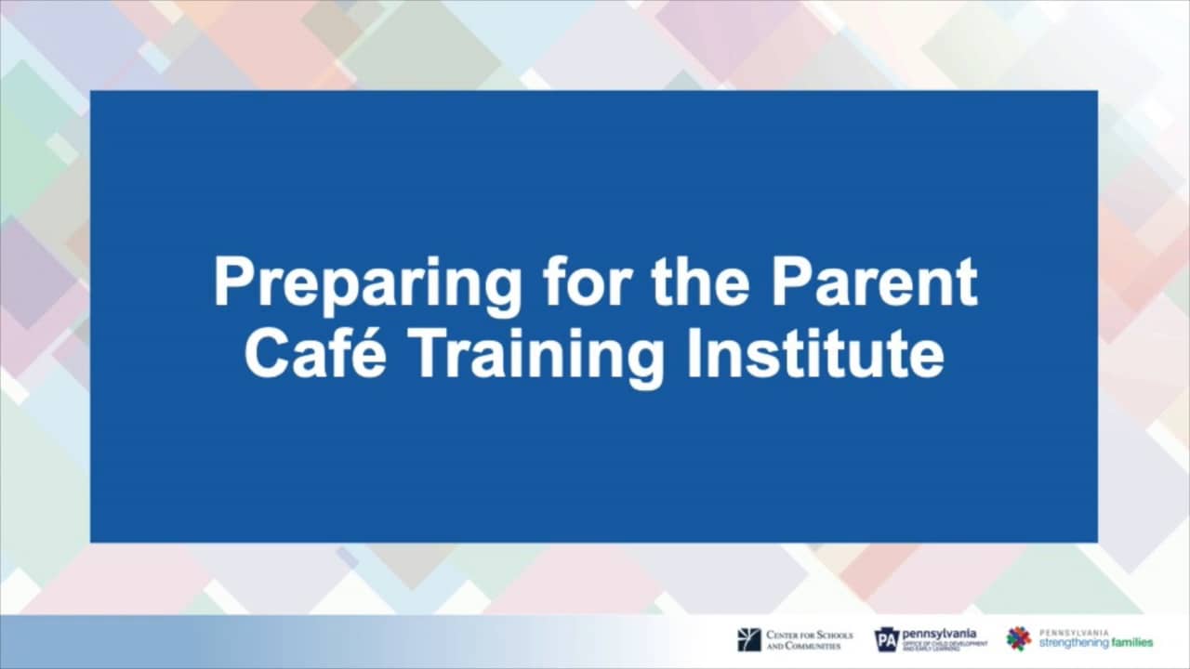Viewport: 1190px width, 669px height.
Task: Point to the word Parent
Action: [877, 282]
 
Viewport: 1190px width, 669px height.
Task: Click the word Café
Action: [319, 355]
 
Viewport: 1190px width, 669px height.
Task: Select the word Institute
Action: [815, 355]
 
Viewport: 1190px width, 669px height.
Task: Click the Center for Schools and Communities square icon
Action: [748, 639]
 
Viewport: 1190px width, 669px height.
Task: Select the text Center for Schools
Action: [809, 635]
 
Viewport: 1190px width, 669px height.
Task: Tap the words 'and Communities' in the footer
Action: [803, 645]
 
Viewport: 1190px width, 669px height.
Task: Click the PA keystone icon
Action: [887, 639]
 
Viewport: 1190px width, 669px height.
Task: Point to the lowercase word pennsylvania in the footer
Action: [939, 634]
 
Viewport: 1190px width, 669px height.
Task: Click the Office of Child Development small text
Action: [945, 645]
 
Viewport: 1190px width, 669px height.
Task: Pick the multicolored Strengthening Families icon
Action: [1019, 638]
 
